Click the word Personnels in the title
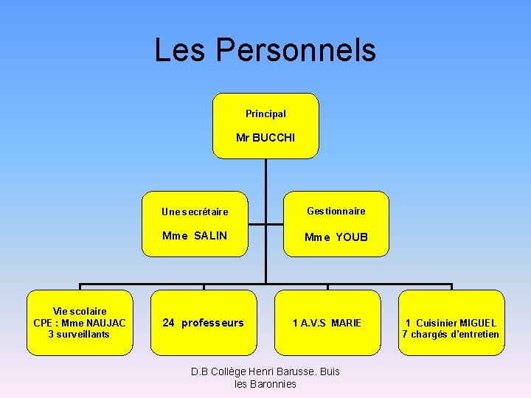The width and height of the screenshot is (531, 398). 296,50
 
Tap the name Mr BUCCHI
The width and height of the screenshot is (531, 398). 265,138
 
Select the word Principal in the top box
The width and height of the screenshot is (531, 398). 265,114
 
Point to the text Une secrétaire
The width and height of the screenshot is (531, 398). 195,212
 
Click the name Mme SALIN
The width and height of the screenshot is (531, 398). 195,236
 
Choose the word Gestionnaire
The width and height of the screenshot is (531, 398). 336,211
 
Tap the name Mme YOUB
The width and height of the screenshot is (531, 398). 336,237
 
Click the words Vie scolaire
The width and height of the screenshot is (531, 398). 80,312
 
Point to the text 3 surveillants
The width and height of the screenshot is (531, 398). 79,334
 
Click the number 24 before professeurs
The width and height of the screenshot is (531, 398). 168,323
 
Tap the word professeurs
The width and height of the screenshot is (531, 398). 212,323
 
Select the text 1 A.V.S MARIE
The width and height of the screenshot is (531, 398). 327,323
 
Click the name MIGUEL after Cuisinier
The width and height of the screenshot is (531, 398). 478,323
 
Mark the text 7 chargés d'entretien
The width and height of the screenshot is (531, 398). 451,334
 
